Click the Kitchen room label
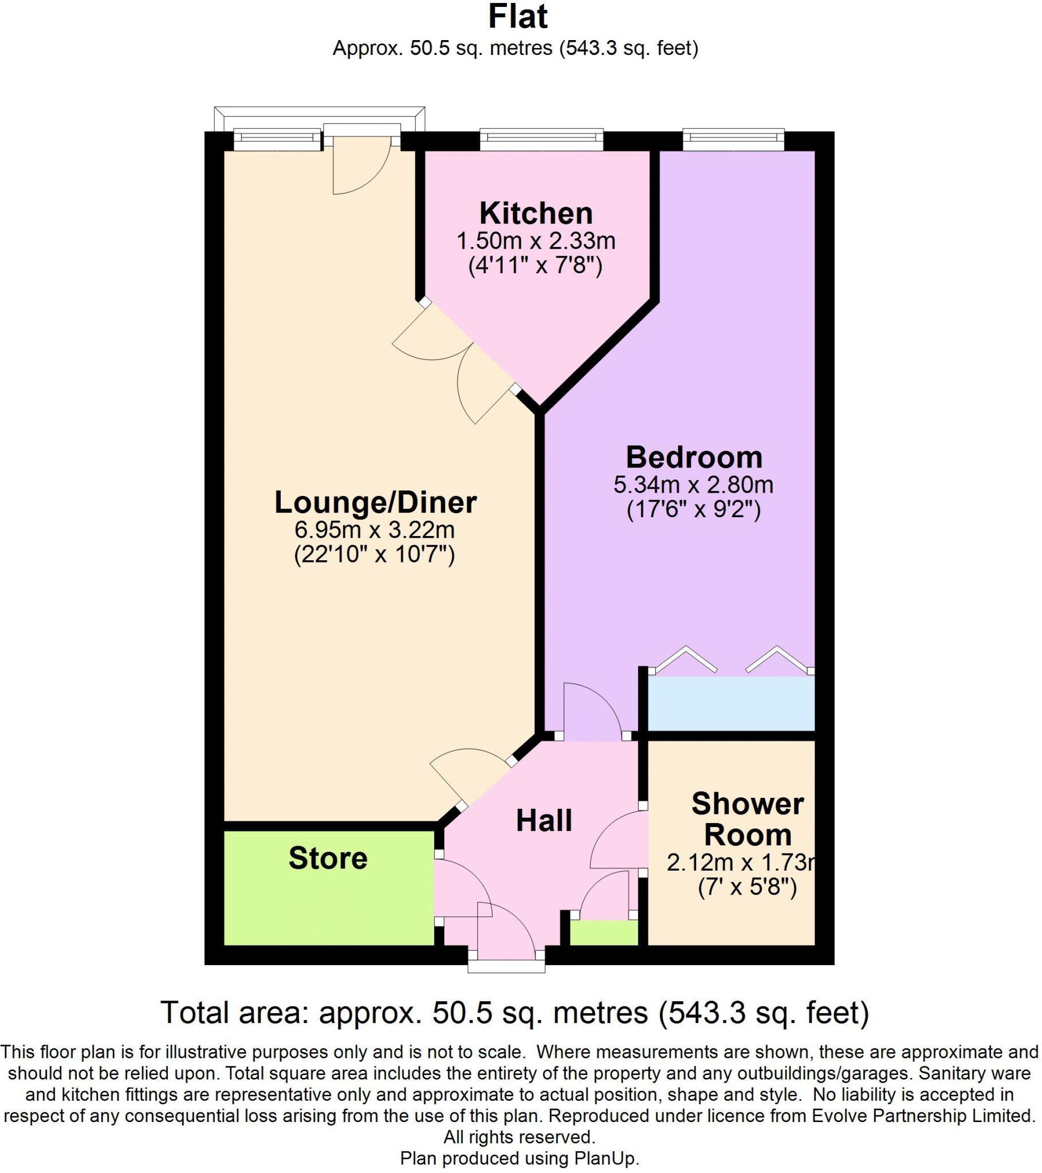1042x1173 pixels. pyautogui.click(x=536, y=214)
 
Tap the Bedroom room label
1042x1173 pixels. pyautogui.click(x=694, y=458)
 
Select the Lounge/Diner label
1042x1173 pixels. pyautogui.click(x=375, y=502)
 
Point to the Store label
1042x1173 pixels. pyautogui.click(x=328, y=859)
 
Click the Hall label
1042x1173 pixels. pyautogui.click(x=544, y=821)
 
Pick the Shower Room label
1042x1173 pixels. pyautogui.click(x=748, y=820)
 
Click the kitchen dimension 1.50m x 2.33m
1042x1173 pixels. pyautogui.click(x=536, y=241)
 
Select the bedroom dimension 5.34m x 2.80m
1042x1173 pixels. pyautogui.click(x=694, y=485)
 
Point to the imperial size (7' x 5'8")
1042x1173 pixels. pyautogui.click(x=748, y=888)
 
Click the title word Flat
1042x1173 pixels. pyautogui.click(x=518, y=17)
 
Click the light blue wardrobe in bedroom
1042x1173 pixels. pyautogui.click(x=731, y=703)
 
